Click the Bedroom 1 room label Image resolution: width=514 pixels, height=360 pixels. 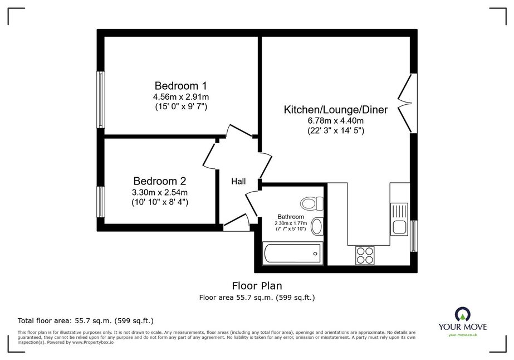[180, 86]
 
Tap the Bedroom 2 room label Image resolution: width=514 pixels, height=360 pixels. [160, 181]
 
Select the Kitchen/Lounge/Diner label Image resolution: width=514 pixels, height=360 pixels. [336, 110]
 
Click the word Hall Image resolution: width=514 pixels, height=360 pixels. [238, 182]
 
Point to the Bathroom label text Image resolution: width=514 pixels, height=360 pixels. [291, 217]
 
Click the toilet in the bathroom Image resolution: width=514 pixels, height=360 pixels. [311, 203]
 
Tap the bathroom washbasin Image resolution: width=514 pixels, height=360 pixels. [317, 226]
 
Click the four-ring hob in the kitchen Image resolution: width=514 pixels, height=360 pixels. [365, 255]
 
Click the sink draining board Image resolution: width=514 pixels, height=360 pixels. [399, 211]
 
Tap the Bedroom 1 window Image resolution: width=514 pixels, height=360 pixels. [101, 99]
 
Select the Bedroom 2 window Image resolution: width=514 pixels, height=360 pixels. [101, 202]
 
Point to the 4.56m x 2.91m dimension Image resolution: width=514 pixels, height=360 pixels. [181, 97]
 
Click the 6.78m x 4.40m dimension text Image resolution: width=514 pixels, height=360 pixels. [336, 121]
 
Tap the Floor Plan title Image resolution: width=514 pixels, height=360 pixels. [257, 286]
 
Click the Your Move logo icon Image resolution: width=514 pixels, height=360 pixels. [463, 314]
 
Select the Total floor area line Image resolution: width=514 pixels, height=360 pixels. [86, 320]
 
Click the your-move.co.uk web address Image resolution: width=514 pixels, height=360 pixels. [463, 335]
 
